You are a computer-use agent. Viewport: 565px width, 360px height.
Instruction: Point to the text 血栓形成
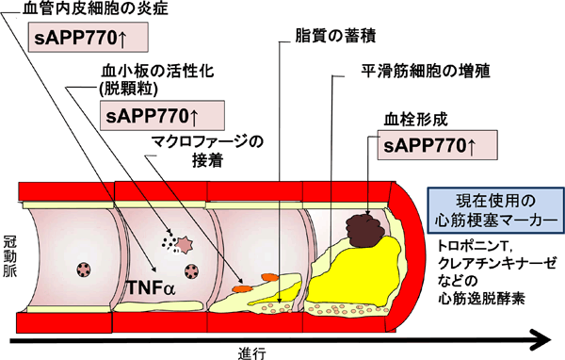click(x=414, y=120)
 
